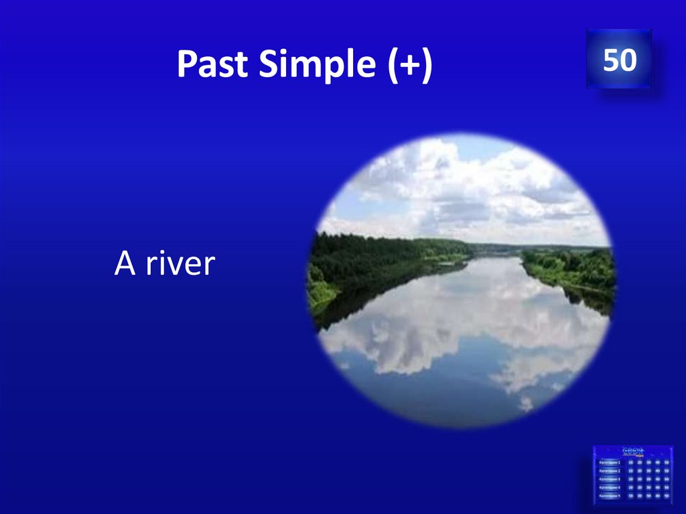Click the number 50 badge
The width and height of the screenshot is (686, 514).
(x=618, y=60)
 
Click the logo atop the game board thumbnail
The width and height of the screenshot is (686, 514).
(x=633, y=451)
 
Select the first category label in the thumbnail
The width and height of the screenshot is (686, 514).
(x=610, y=462)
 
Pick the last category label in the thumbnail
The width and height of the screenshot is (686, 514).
(x=610, y=497)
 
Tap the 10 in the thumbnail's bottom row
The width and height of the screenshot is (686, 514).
(x=630, y=497)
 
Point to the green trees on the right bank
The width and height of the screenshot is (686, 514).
(x=576, y=265)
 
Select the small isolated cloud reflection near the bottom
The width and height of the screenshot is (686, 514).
(x=527, y=403)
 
